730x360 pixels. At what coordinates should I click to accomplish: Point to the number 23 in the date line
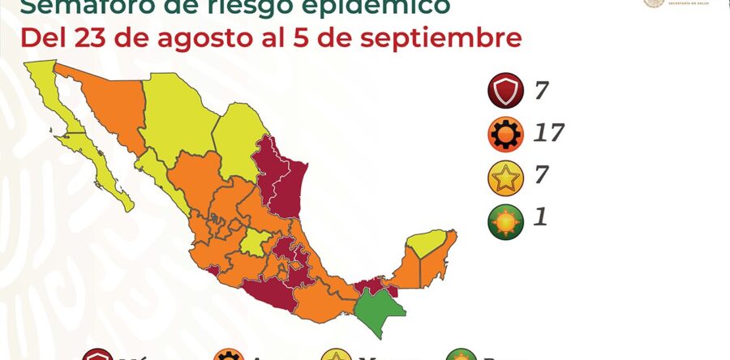coord(88,38)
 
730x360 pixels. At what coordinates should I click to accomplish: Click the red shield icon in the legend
coord(505,92)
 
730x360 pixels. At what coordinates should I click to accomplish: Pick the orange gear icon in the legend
coord(505,135)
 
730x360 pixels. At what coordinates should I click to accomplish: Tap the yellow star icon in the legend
coord(505,178)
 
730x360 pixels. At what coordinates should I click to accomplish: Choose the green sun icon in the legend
coord(505,221)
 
